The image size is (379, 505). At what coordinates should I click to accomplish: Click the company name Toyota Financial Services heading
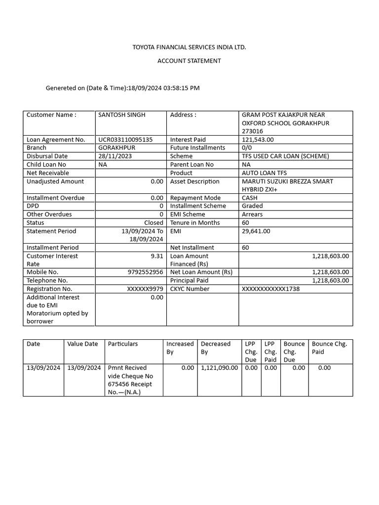[x=189, y=47]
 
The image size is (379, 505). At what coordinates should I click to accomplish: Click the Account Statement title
[x=189, y=61]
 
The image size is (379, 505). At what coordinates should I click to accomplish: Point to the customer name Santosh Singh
[x=122, y=115]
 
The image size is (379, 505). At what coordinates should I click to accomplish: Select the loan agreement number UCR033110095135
[x=125, y=140]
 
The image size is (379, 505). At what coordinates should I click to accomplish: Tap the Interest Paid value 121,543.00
[x=258, y=140]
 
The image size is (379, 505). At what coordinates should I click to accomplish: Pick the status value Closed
[x=153, y=223]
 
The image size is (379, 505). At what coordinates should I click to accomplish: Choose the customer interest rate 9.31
[x=156, y=256]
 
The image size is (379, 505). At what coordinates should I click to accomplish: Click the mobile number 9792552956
[x=145, y=272]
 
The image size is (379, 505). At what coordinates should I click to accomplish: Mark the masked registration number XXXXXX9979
[x=145, y=289]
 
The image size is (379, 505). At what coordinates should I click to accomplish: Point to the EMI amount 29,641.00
[x=256, y=231]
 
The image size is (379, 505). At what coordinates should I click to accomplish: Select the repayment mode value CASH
[x=250, y=198]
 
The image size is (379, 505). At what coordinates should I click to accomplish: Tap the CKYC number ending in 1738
[x=270, y=289]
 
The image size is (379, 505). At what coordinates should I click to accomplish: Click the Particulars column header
[x=123, y=344]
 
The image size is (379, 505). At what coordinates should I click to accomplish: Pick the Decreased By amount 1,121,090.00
[x=219, y=368]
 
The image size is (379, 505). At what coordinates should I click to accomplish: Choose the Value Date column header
[x=82, y=344]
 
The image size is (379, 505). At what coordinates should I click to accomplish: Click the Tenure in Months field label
[x=195, y=223]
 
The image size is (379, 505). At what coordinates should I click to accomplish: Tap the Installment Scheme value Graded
[x=252, y=206]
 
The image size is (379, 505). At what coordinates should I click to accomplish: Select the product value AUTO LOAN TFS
[x=264, y=173]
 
